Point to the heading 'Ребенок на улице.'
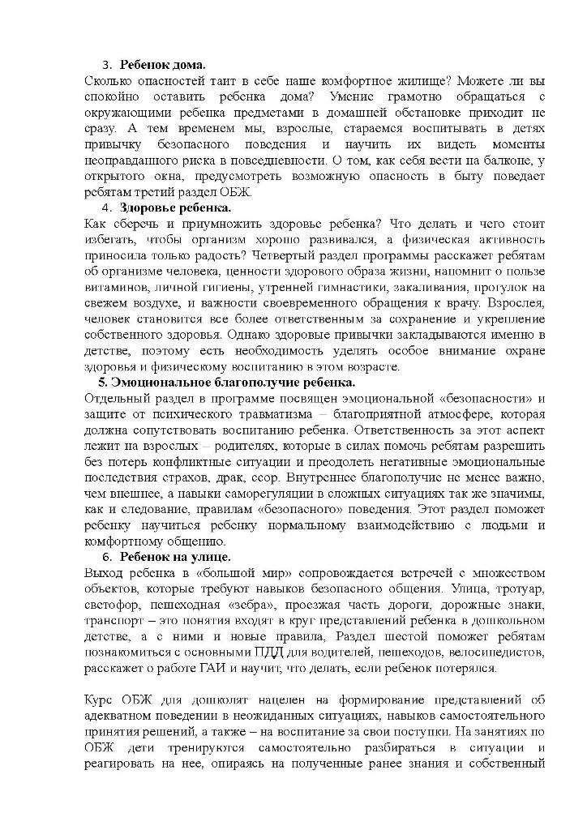175,557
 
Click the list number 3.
105,64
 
